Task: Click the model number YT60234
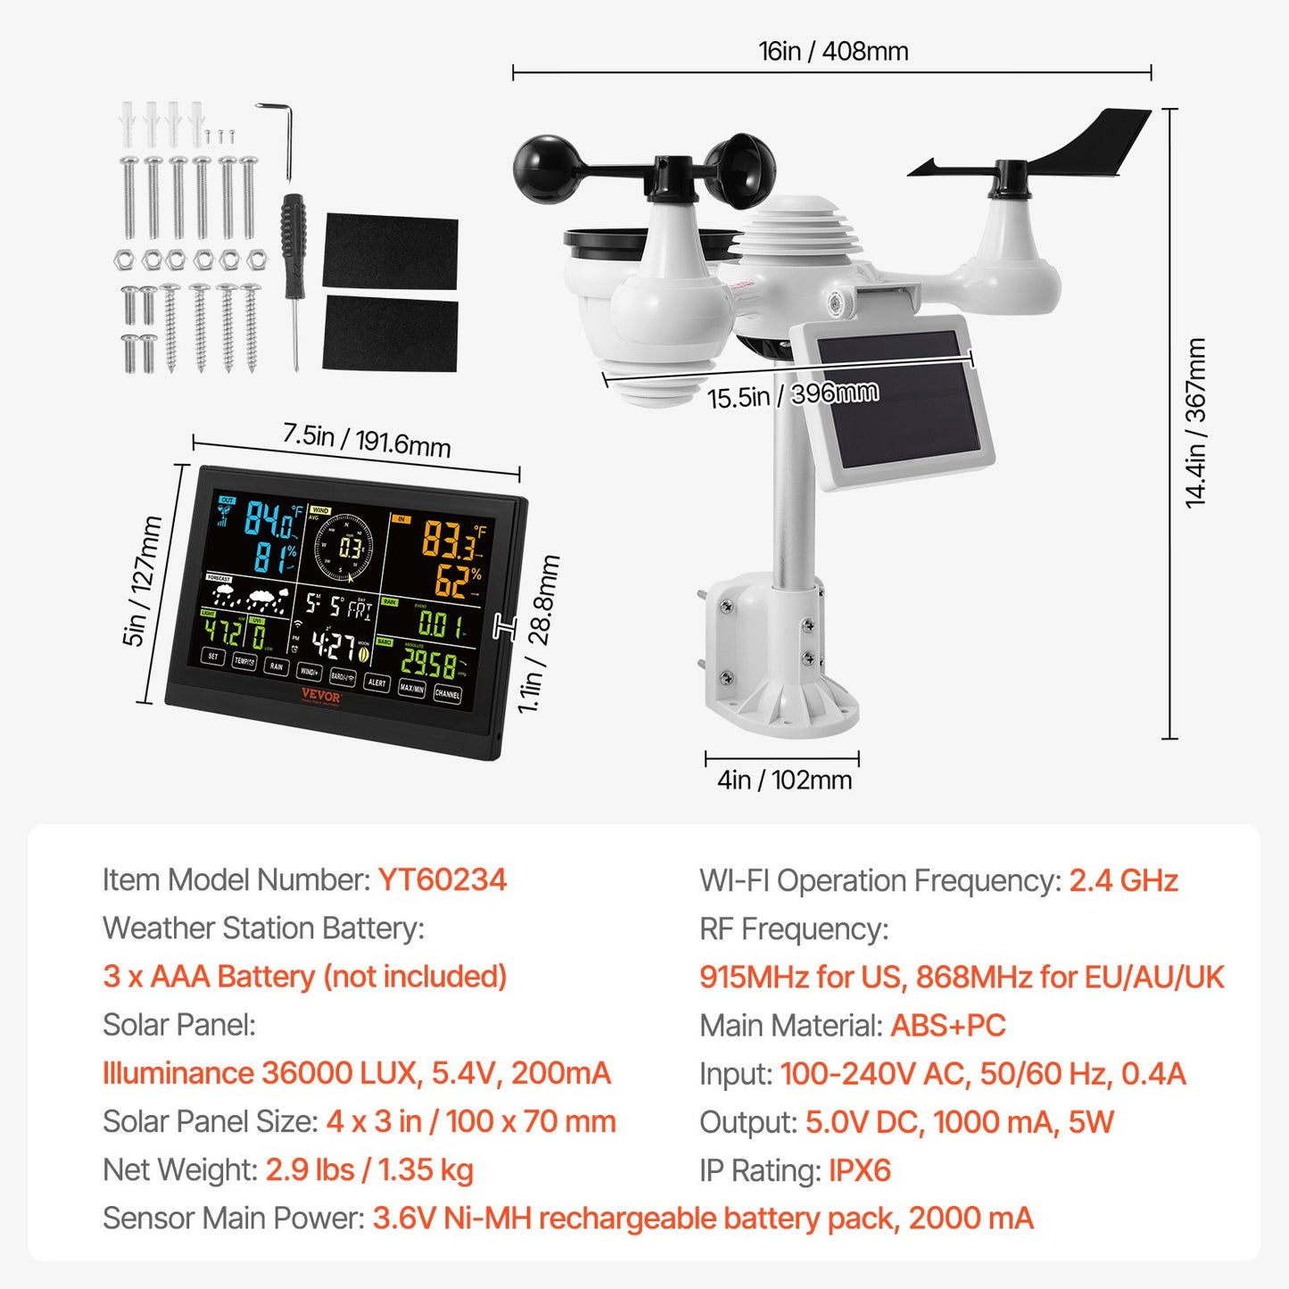442,880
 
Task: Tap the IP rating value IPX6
859,1170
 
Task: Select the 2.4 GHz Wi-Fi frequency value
1123,880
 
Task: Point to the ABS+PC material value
947,1026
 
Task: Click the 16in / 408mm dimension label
833,52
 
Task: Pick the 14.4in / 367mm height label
1195,423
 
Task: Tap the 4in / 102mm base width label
784,781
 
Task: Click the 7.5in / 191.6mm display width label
367,440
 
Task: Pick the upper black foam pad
391,251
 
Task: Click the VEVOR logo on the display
320,696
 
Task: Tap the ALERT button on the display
377,683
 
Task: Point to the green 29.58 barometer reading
429,663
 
